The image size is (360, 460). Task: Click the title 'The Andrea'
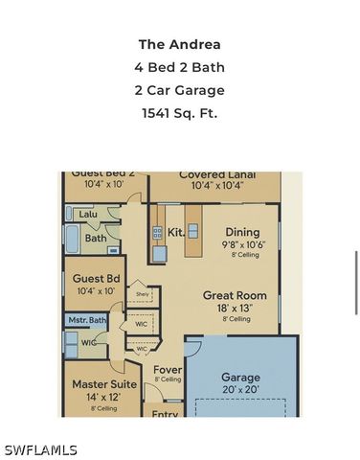click(180, 44)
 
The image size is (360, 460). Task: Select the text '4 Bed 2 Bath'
click(180, 67)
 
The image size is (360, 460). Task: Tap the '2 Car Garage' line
click(180, 91)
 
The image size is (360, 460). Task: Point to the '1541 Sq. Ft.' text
click(180, 114)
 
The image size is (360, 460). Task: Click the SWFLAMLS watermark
click(40, 449)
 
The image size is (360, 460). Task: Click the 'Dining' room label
click(242, 232)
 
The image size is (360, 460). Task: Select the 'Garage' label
click(240, 378)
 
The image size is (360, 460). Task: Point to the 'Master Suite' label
click(104, 384)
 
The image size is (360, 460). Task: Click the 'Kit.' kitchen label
click(175, 232)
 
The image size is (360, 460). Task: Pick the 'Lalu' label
click(88, 215)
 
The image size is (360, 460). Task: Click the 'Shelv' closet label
click(142, 294)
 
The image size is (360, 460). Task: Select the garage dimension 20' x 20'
click(240, 391)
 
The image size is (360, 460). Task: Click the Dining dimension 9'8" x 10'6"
click(242, 244)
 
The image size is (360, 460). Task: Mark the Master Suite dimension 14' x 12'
click(102, 397)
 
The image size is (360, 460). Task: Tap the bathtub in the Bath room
click(74, 238)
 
